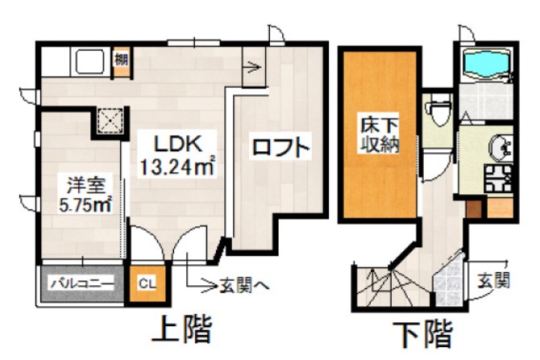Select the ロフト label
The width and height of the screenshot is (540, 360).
(x=280, y=149)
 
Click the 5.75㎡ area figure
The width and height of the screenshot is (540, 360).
(x=85, y=204)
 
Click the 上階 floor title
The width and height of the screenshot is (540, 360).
(x=182, y=329)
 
